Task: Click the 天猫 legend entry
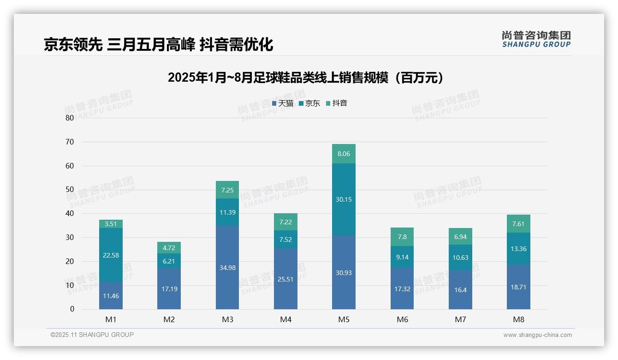283,103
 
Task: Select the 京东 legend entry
309,103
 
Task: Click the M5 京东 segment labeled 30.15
344,199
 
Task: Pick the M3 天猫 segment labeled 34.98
227,268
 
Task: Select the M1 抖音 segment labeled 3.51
111,224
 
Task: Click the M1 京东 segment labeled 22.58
111,255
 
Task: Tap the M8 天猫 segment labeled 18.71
518,287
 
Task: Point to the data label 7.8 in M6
402,237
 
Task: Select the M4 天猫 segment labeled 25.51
285,279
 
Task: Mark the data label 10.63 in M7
460,258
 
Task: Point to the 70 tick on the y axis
70,142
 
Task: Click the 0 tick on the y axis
72,309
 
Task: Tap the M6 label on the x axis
402,319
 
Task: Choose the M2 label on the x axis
169,319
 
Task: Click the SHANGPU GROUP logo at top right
536,39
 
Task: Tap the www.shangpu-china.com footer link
537,335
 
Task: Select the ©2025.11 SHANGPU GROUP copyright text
92,335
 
